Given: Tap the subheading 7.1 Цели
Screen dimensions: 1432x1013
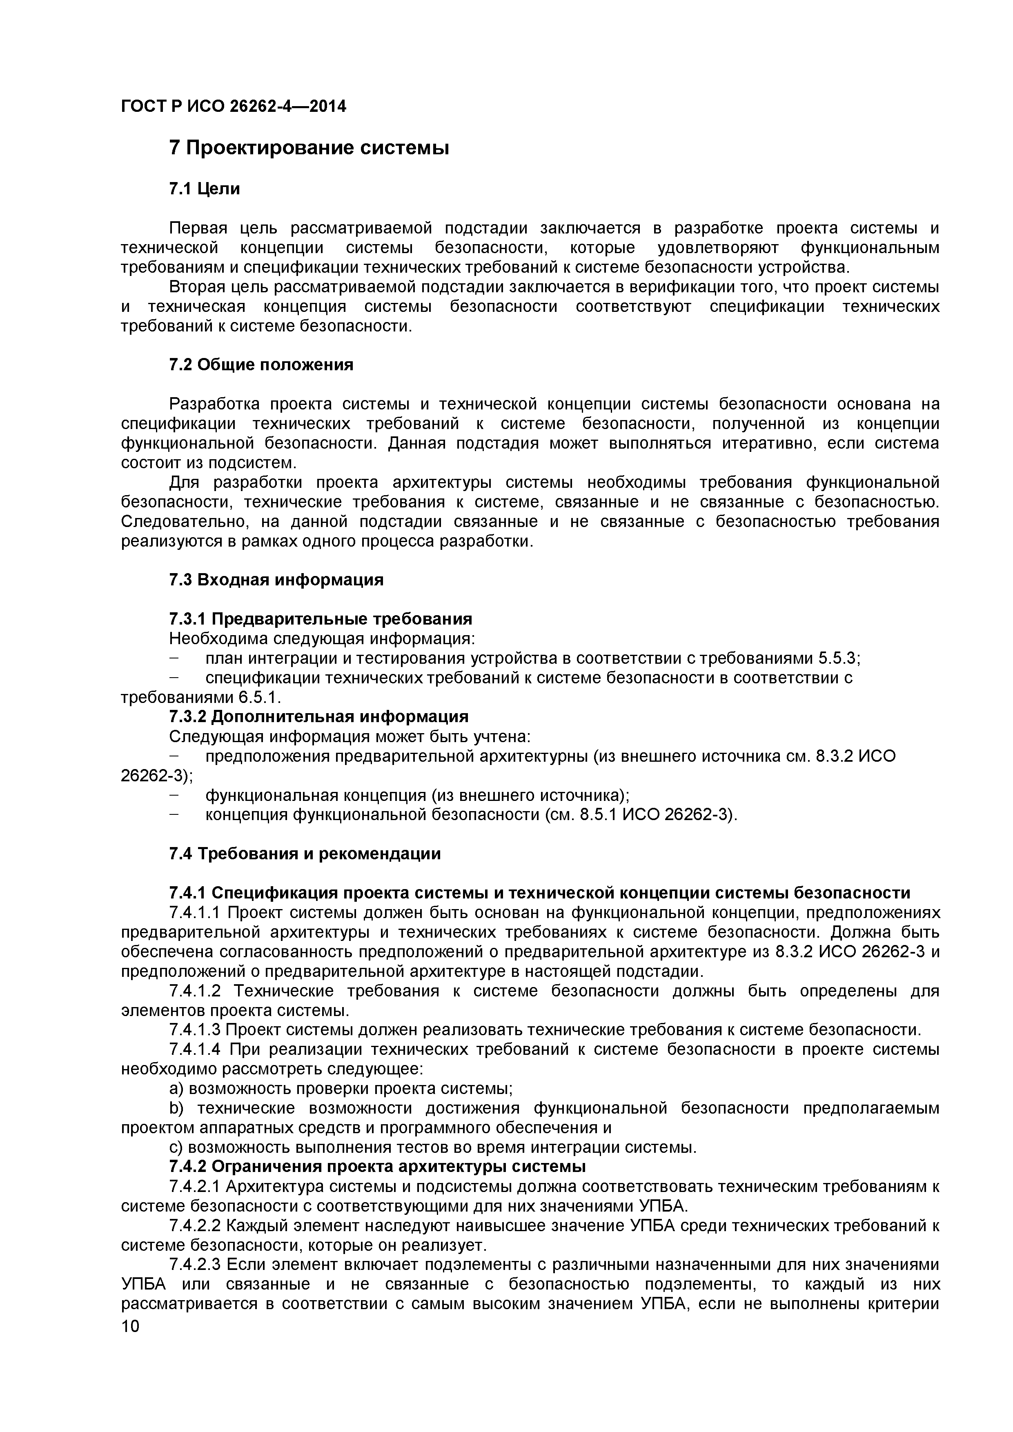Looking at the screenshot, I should tap(204, 188).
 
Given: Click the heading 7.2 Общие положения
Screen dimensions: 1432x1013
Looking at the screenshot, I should tap(261, 365).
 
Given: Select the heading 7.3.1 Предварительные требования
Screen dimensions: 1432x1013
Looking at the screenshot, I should tap(320, 619).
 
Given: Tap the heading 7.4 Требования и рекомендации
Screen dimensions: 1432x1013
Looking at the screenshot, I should tap(305, 854).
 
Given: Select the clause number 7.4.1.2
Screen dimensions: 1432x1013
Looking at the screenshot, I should tap(195, 991).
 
